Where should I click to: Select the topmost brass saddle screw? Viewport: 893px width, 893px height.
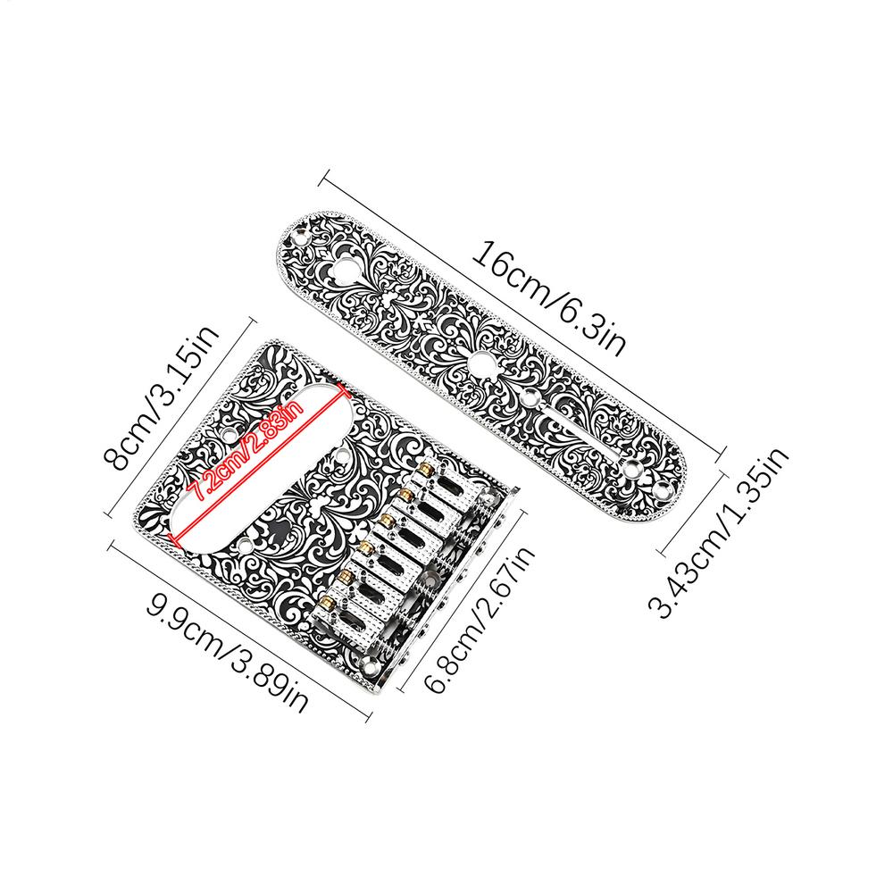click(429, 468)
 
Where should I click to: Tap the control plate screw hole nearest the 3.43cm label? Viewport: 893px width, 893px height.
click(666, 488)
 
